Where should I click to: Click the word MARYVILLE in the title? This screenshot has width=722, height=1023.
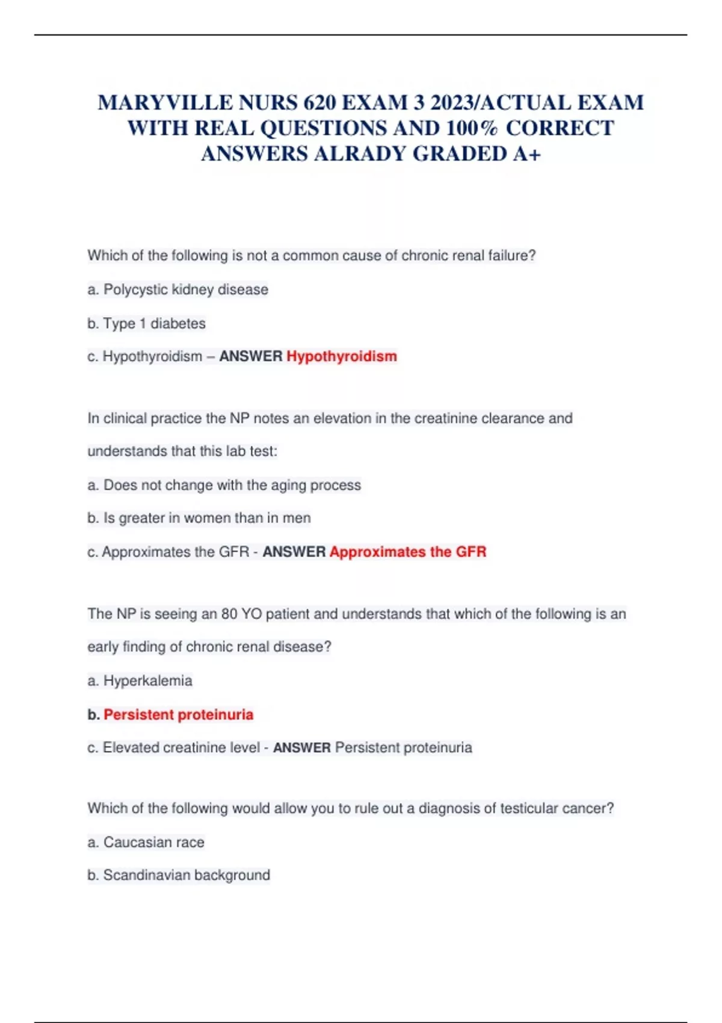point(165,103)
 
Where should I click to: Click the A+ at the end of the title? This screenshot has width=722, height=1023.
point(527,154)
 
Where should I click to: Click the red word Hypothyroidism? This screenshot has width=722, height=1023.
point(341,356)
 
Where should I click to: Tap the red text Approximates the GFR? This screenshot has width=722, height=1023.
point(407,552)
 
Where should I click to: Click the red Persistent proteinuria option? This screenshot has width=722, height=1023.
point(178,714)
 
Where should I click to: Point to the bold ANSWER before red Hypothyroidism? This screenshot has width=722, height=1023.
point(250,356)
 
